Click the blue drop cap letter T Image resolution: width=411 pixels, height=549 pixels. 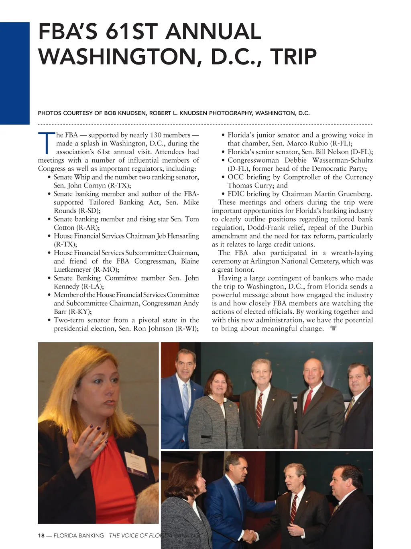click(47, 143)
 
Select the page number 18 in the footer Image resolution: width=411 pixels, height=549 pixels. click(41, 535)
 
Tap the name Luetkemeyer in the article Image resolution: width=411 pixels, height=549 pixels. click(72, 270)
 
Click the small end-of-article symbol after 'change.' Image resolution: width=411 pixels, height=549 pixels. click(333, 329)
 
